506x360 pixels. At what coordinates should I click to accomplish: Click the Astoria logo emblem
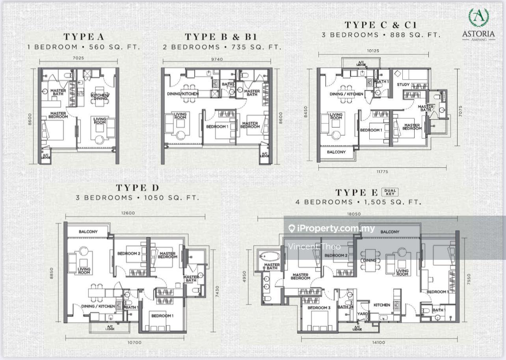tap(478, 18)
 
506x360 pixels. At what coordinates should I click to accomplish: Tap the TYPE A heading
tap(84, 37)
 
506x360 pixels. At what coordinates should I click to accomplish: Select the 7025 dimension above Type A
tap(78, 58)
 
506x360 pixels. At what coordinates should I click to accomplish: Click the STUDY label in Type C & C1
tap(403, 84)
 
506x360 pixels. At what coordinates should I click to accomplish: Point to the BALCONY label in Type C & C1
tap(336, 152)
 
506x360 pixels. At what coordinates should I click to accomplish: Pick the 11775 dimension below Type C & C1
tap(381, 172)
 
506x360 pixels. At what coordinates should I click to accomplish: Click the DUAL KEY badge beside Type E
tap(390, 192)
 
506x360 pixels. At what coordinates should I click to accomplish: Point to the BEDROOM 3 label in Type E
tap(318, 308)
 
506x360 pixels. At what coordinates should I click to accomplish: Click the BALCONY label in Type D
tap(88, 232)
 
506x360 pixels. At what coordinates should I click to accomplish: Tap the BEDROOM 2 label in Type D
tap(128, 254)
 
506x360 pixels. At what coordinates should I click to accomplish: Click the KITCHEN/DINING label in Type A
tap(100, 97)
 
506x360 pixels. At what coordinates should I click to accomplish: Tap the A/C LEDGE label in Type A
tap(45, 156)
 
